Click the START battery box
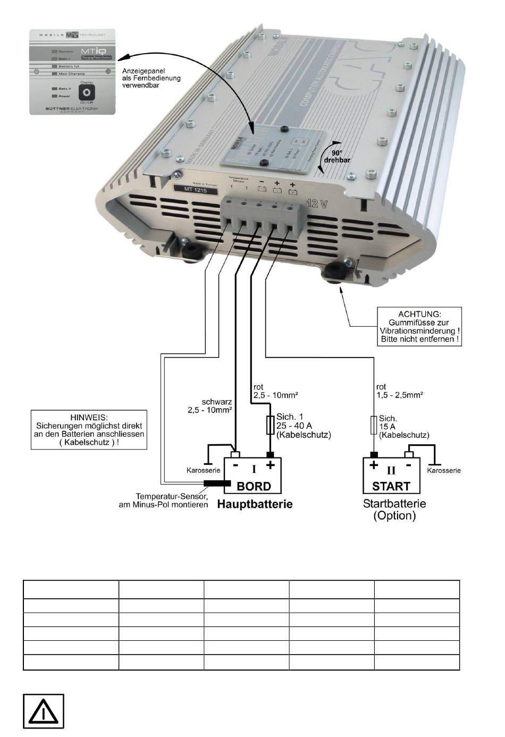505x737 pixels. pos(391,475)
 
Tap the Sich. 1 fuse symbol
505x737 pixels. pos(270,425)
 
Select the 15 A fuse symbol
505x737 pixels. pos(373,425)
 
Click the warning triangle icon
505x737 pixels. pos(44,711)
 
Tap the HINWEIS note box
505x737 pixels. pos(89,429)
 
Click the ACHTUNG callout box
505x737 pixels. pos(419,326)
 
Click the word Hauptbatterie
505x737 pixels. pos(255,504)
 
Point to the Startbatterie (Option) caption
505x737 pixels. pos(394,509)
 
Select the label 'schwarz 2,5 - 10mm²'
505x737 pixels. pos(210,406)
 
